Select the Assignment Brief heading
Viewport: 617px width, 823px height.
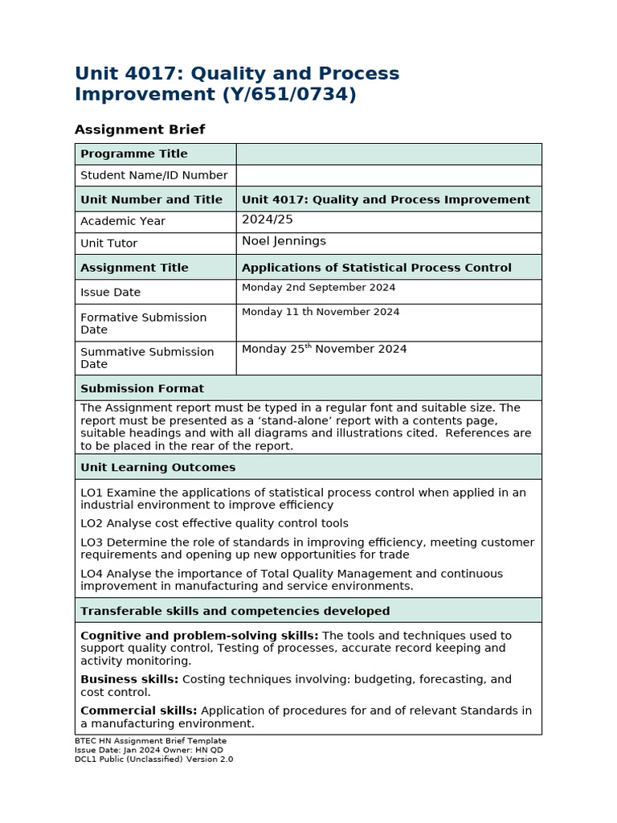coord(140,129)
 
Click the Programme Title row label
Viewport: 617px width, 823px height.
coord(133,154)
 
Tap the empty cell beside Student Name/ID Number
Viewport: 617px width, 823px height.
coord(389,175)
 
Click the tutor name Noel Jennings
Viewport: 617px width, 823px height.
coord(284,241)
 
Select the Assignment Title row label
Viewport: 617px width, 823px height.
coord(134,268)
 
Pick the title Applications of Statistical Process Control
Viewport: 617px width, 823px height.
coord(376,268)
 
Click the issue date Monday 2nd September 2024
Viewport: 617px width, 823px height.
coord(318,288)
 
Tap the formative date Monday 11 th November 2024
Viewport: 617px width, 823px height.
coord(320,312)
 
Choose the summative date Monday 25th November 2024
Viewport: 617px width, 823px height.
coord(324,349)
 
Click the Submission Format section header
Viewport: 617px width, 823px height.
coord(142,388)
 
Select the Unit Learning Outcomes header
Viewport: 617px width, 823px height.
coord(157,467)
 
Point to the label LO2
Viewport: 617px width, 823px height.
coord(92,523)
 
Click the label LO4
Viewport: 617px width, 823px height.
coord(92,574)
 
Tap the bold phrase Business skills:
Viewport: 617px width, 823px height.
coord(129,679)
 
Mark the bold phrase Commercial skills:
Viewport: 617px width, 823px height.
coord(138,710)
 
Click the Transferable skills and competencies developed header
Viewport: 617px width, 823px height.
coord(235,611)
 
